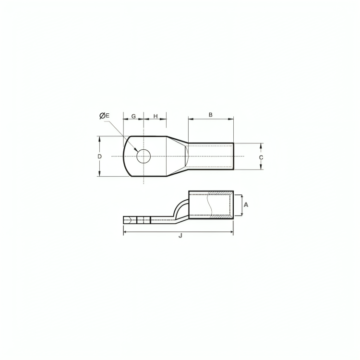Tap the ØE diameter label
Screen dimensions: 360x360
tap(105, 116)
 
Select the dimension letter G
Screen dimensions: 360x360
tap(133, 116)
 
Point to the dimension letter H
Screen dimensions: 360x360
tap(156, 116)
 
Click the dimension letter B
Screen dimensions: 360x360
tap(211, 115)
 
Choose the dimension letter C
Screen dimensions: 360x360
tap(261, 157)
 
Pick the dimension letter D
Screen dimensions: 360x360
tap(99, 156)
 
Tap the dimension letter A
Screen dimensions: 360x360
tap(246, 204)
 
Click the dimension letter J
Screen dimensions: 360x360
tap(180, 236)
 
